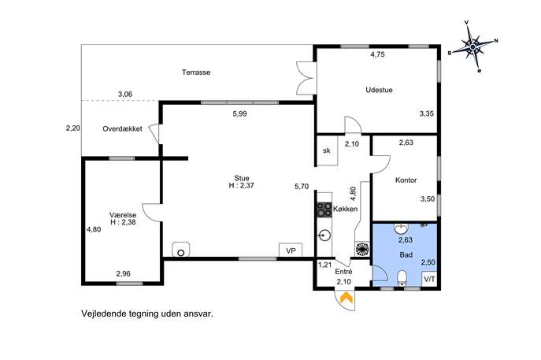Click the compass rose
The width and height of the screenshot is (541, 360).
click(473, 46)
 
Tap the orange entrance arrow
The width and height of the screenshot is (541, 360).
click(346, 298)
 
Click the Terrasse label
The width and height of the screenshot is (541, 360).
click(196, 72)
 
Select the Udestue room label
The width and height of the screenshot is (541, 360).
click(379, 90)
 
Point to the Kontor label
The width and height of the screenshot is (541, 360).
click(406, 180)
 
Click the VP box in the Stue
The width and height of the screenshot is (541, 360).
click(291, 251)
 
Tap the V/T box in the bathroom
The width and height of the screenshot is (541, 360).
click(429, 279)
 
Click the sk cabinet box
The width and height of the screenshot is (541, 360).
click(326, 150)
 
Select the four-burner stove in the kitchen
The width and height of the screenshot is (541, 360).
click(324, 210)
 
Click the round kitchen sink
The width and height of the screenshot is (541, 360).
click(324, 236)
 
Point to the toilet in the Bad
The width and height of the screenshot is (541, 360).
click(402, 278)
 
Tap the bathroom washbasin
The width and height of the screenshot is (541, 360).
click(402, 228)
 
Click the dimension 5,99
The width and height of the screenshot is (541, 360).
click(240, 113)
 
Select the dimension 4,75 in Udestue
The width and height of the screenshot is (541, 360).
click(377, 54)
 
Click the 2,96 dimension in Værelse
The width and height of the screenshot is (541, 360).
click(123, 273)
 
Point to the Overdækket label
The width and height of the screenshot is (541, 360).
click(123, 128)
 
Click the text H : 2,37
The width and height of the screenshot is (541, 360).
click(242, 186)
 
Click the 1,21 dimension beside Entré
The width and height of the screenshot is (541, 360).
click(324, 265)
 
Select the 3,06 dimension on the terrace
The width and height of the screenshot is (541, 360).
click(125, 94)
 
